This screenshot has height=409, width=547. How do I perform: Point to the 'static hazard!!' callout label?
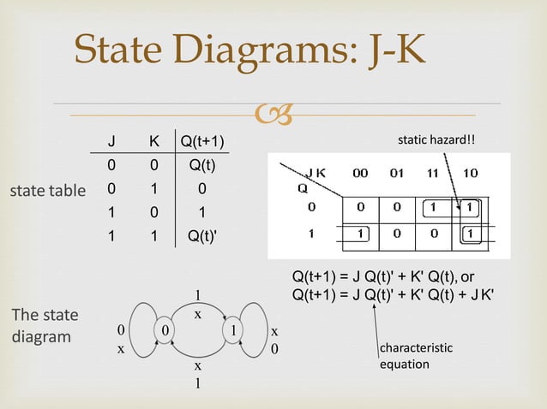coord(436,139)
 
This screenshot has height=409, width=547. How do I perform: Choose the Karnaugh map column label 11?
coord(435,173)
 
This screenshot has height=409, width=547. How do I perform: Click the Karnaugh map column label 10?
coord(470,173)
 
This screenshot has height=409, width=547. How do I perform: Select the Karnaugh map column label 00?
coord(361,173)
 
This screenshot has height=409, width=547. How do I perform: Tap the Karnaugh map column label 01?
coord(396,173)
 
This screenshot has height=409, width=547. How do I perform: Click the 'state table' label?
coord(47,190)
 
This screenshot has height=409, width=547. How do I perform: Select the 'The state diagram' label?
coord(45,325)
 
